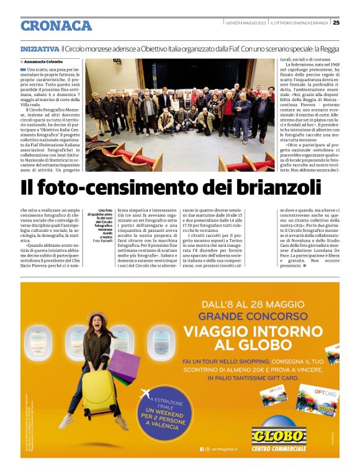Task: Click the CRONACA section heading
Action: [x=56, y=25]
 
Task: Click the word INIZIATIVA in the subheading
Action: [x=39, y=48]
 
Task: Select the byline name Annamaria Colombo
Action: [x=45, y=62]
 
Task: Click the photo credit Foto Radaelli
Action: [x=101, y=241]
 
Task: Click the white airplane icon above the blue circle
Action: [x=147, y=392]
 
